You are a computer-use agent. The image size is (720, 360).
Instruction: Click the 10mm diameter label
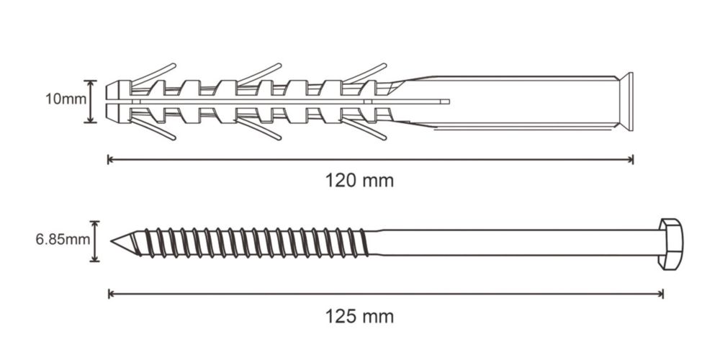[x=66, y=99]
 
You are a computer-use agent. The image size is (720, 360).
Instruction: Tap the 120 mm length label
[x=359, y=181]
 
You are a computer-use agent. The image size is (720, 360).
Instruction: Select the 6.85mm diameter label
[x=63, y=240]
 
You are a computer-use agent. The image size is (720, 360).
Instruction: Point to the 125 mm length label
[x=359, y=317]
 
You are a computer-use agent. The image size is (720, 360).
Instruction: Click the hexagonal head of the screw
[x=671, y=244]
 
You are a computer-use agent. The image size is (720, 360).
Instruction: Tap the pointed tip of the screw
[x=112, y=241]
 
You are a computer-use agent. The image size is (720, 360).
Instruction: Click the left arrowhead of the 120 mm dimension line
[x=109, y=160]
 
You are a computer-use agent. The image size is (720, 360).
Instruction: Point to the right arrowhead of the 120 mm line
[x=631, y=160]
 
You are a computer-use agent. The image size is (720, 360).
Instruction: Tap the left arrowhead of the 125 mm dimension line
[x=110, y=294]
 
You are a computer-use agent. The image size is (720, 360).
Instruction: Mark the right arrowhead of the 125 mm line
[x=661, y=294]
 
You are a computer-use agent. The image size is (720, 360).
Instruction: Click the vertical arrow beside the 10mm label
[x=91, y=102]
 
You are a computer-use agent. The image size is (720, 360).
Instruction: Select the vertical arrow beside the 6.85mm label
[x=94, y=241]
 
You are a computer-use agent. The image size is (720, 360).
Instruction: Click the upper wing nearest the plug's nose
[x=154, y=74]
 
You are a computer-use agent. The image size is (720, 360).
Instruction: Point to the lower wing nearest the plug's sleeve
[x=364, y=129]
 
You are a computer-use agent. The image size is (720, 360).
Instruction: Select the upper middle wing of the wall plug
[x=259, y=74]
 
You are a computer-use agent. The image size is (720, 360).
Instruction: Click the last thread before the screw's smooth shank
[x=363, y=243]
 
